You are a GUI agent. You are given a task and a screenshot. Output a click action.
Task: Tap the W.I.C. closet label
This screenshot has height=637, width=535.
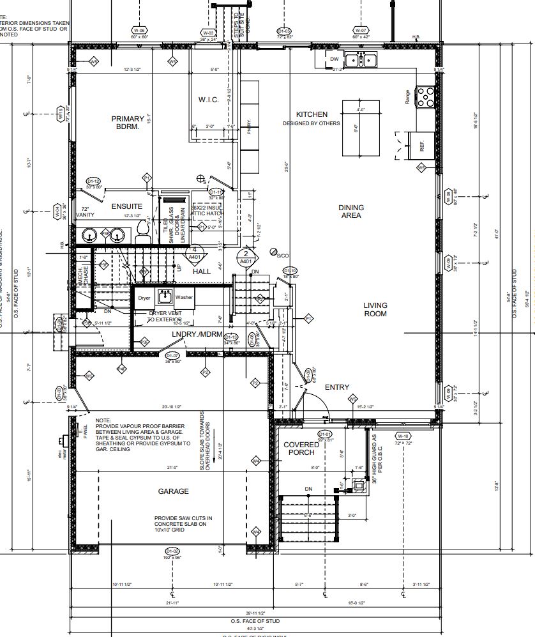(x=208, y=100)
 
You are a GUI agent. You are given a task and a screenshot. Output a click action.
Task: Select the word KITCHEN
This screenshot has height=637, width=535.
(x=312, y=114)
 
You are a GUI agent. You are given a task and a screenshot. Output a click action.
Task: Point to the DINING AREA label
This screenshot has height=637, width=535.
(x=351, y=211)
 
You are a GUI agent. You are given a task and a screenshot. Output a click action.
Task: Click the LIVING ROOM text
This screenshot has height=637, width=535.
(x=375, y=310)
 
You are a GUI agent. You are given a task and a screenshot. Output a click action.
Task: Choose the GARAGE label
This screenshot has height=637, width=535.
(x=173, y=491)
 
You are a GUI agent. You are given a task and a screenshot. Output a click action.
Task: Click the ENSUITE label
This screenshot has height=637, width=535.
(x=126, y=207)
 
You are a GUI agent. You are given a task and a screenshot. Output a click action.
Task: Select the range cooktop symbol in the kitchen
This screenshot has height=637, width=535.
(x=424, y=97)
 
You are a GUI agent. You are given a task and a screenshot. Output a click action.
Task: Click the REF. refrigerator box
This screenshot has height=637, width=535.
(x=421, y=146)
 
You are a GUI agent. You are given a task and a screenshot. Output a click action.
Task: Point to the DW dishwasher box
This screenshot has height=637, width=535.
(x=334, y=59)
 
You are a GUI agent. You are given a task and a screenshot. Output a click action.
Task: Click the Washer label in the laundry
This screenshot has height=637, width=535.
(x=184, y=298)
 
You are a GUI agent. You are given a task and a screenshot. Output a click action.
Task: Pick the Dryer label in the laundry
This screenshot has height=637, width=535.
(x=144, y=298)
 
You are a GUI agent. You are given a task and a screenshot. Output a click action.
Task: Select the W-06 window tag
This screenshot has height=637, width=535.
(x=139, y=31)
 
